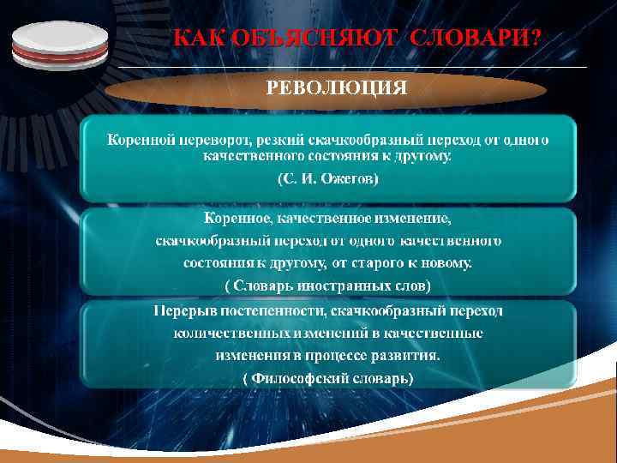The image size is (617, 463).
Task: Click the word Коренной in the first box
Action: click(x=141, y=139)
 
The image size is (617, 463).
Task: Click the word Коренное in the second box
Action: click(x=246, y=220)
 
